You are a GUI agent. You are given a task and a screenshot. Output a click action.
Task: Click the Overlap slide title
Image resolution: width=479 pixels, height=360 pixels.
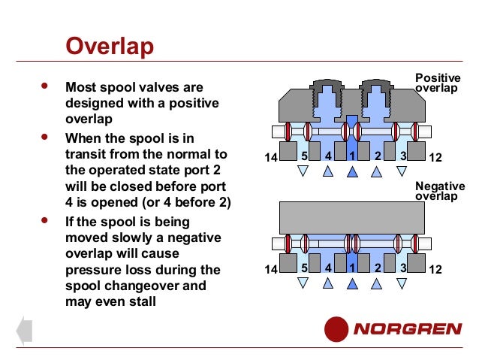[110, 47]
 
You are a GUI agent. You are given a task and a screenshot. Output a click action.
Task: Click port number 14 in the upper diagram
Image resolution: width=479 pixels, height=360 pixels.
[271, 157]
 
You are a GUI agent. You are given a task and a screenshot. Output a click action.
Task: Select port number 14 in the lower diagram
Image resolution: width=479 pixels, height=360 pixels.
[271, 268]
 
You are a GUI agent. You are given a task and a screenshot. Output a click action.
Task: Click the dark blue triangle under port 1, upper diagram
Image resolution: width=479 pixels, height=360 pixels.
[352, 172]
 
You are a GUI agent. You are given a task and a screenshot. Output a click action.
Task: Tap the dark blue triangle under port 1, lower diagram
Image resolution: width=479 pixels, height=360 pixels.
[352, 283]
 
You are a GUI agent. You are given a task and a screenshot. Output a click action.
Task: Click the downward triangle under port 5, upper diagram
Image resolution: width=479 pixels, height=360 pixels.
[303, 172]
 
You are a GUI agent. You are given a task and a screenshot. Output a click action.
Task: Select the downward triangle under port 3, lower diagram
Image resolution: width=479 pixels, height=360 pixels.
[402, 283]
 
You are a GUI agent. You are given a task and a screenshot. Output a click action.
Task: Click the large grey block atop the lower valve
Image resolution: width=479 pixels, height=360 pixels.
[352, 217]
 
